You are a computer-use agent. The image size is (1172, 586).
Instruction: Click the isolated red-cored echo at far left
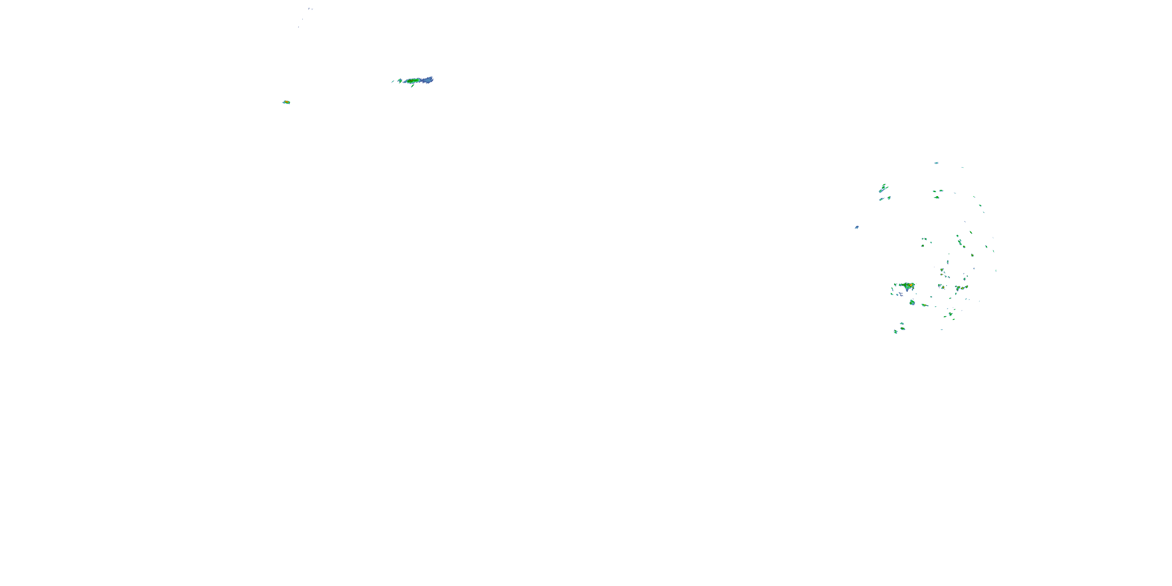tap(286, 102)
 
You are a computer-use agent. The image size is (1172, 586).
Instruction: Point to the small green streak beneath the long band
tap(413, 86)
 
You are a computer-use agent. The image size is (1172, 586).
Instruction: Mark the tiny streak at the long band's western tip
tap(393, 81)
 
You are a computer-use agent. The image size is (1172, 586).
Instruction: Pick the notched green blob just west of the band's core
tap(400, 81)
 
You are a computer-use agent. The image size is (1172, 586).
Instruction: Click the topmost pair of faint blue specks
tap(310, 9)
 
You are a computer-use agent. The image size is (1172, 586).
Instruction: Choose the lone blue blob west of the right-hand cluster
tap(857, 227)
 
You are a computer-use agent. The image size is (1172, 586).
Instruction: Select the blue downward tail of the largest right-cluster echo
tap(907, 290)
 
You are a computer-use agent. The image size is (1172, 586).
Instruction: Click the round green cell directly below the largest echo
tap(912, 302)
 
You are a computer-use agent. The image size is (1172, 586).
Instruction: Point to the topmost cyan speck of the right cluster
tap(936, 163)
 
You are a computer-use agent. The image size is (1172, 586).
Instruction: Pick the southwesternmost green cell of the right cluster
tap(895, 332)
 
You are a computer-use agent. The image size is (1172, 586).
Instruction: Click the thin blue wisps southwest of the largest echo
tap(900, 294)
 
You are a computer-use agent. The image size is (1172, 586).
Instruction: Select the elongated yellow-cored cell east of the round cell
tap(924, 305)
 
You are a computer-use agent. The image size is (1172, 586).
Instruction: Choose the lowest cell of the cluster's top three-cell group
tap(937, 197)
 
